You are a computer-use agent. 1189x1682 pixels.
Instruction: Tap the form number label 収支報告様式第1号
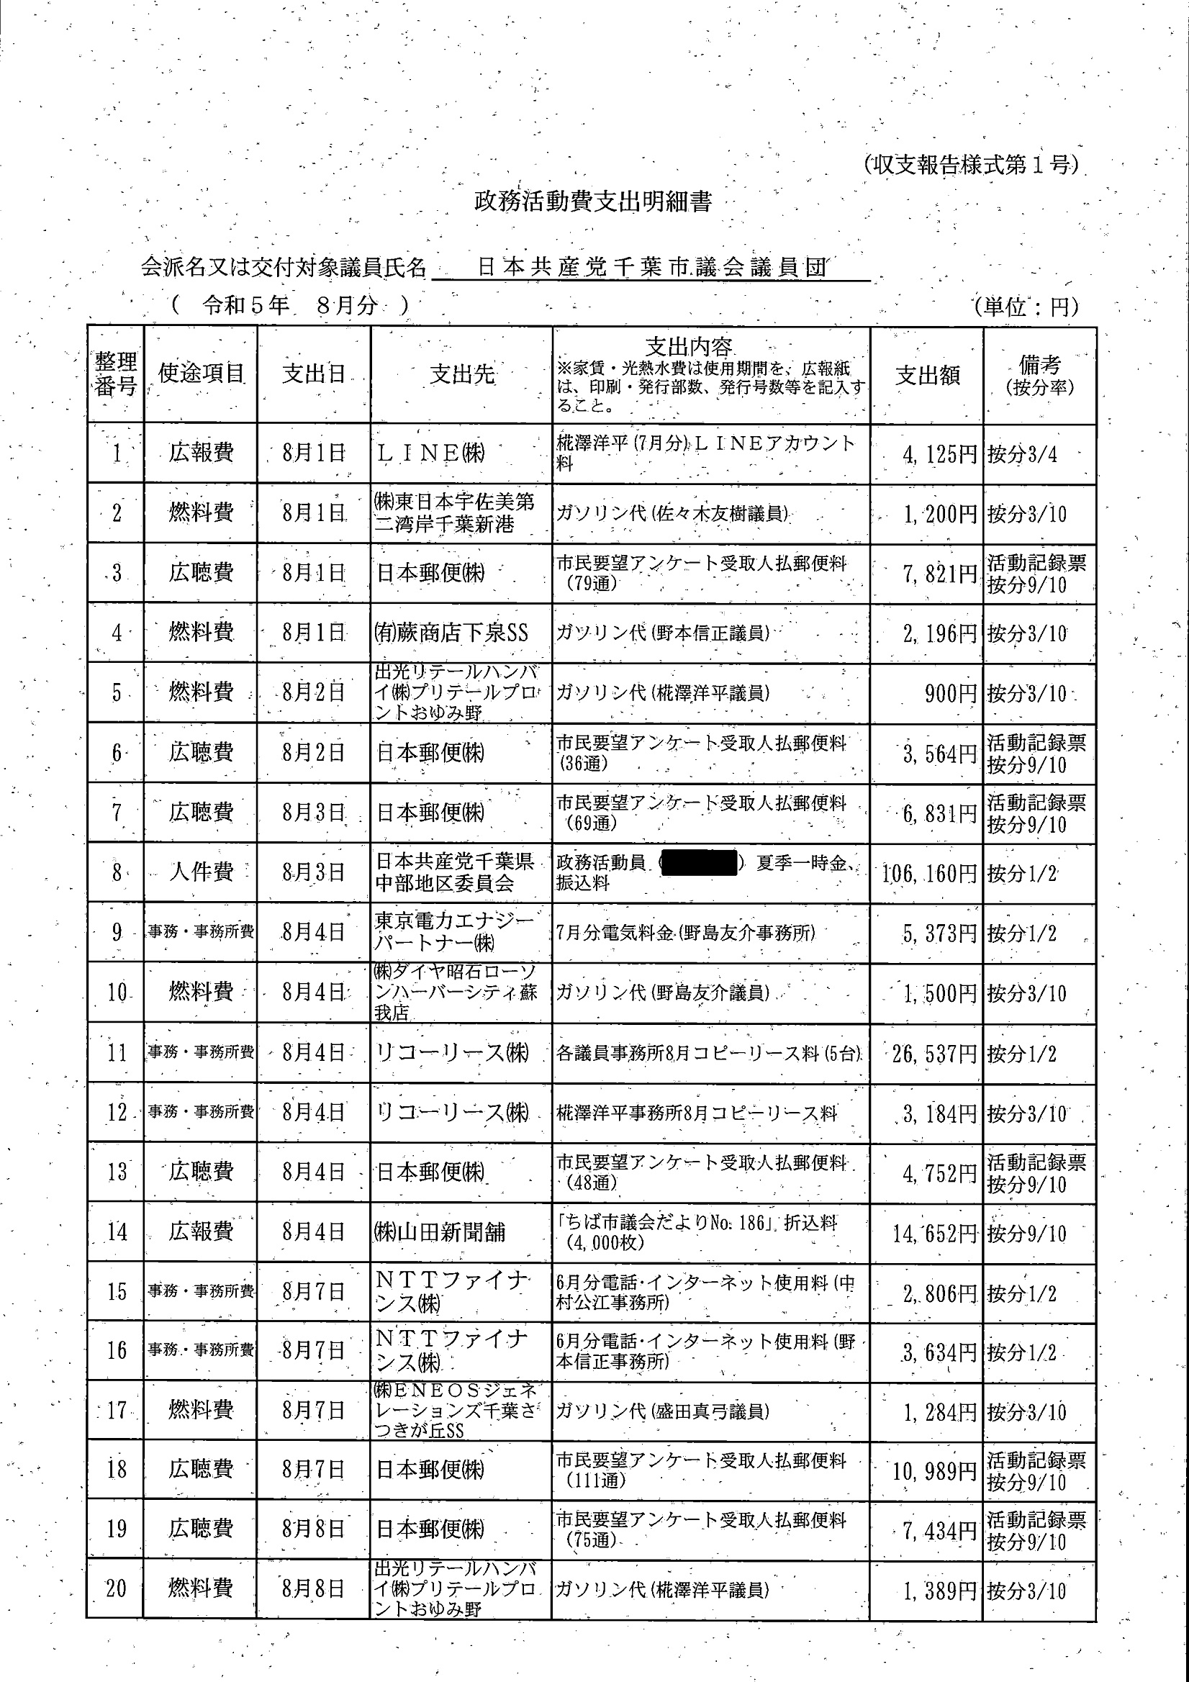click(970, 165)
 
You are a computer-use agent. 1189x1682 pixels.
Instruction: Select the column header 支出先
click(461, 375)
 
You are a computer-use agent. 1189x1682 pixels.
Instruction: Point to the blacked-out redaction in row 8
click(698, 863)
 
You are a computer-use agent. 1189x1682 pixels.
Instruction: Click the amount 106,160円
click(929, 873)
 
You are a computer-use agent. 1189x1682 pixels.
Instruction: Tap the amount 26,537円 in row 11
click(934, 1054)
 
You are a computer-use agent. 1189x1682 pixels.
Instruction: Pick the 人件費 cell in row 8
click(201, 872)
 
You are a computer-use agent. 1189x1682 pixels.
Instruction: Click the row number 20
click(117, 1589)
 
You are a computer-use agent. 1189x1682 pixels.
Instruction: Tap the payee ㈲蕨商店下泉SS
click(451, 633)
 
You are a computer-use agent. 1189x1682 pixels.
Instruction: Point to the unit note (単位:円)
click(1026, 307)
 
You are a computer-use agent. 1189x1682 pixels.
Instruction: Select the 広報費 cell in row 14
click(201, 1231)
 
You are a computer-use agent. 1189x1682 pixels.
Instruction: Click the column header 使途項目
click(201, 374)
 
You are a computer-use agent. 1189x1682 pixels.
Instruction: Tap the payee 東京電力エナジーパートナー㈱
click(454, 932)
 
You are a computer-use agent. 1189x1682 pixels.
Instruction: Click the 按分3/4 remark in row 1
click(1023, 455)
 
